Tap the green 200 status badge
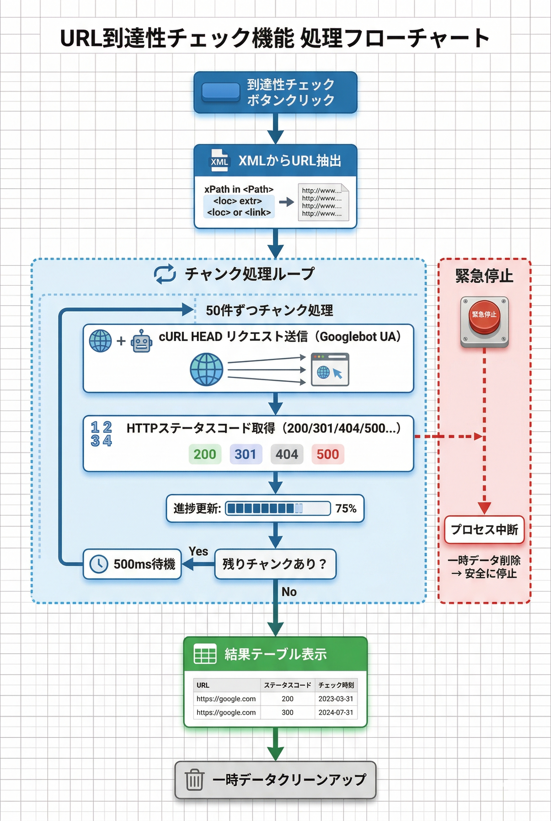[205, 454]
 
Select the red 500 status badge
[327, 454]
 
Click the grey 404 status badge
[287, 454]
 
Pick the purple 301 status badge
[246, 454]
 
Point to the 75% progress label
[346, 508]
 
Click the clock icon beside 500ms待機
[99, 564]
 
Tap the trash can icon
[194, 779]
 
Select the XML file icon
[219, 161]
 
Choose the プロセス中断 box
[484, 529]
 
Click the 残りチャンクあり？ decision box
[275, 564]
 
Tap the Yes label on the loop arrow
[198, 551]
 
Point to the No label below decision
[289, 592]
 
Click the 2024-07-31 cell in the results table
[336, 713]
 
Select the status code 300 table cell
[288, 713]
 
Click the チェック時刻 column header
[336, 685]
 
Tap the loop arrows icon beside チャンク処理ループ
[165, 274]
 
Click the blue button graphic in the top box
[221, 92]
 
